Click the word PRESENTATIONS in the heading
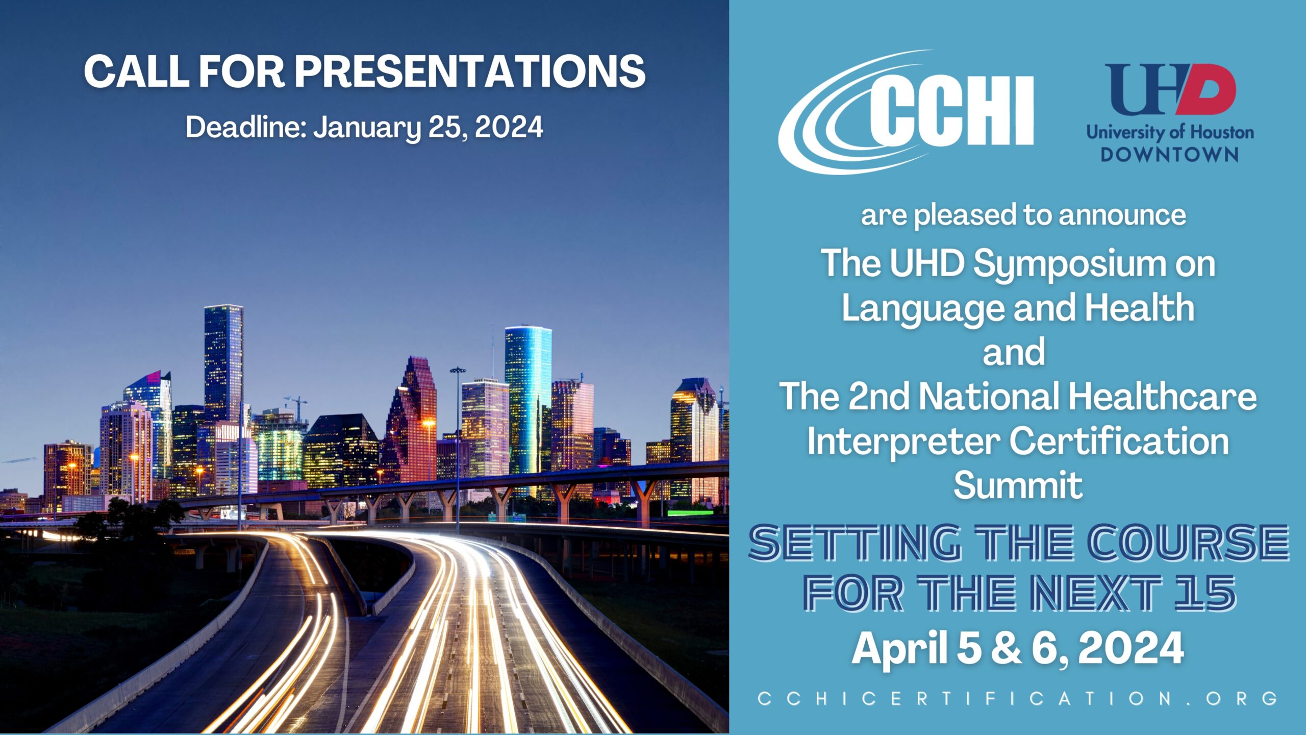coord(470,71)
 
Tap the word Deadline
coord(245,127)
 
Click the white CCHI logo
coord(906,112)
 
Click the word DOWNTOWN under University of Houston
coord(1169,155)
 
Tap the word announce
coord(1122,215)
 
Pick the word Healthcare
coord(1163,396)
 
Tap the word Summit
coord(1018,485)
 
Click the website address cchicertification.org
coord(1018,698)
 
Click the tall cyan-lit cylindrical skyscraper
coord(528,403)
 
